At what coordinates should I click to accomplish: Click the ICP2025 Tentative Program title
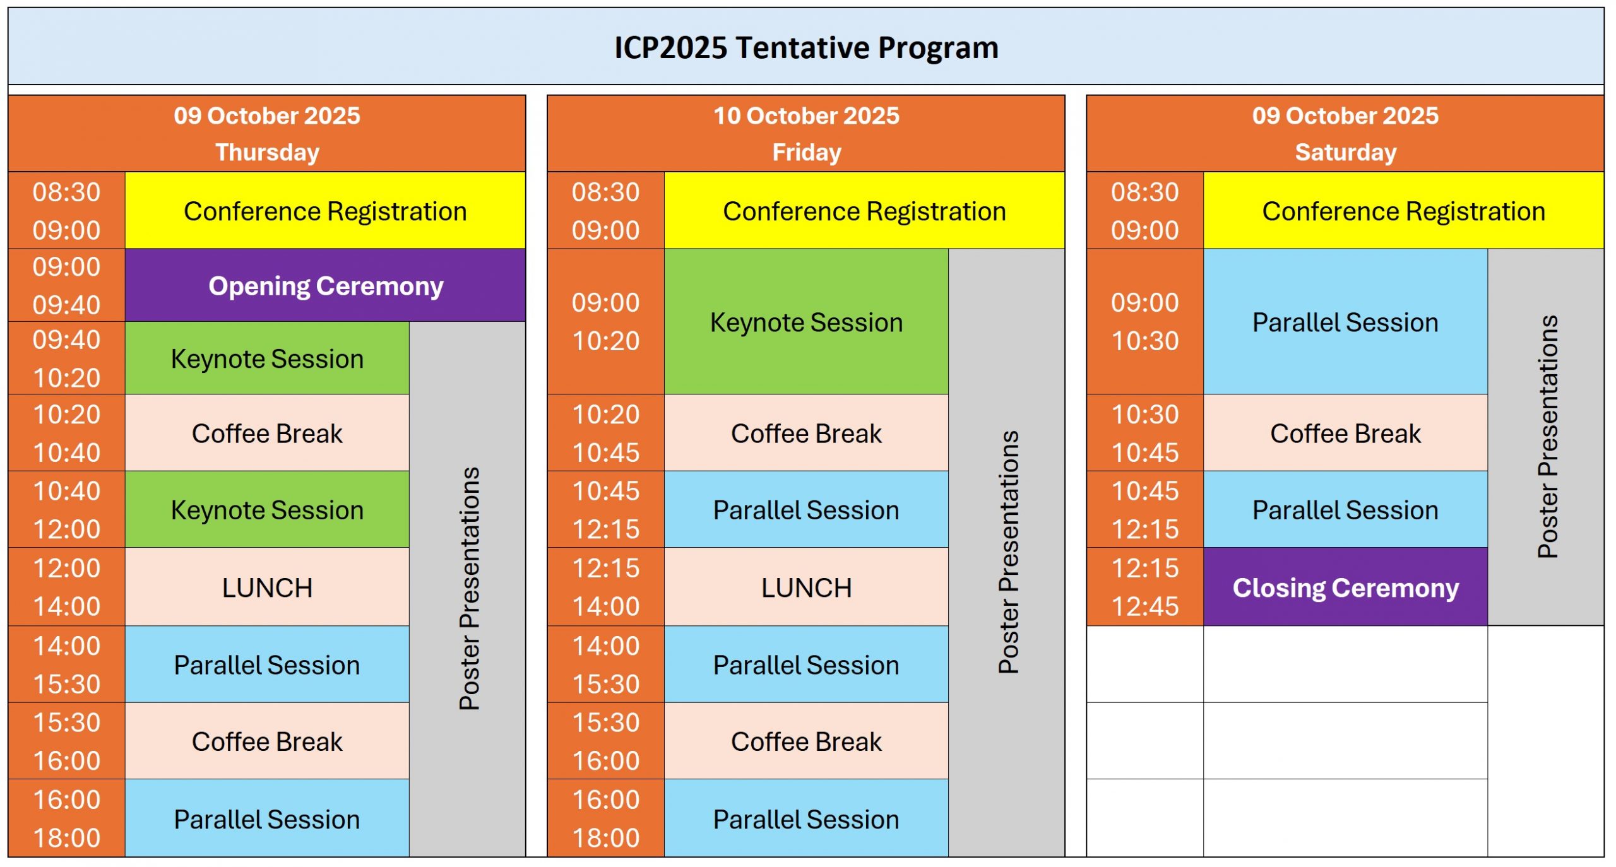(806, 48)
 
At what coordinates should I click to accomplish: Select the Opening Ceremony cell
(325, 285)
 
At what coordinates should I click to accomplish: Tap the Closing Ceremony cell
(1345, 587)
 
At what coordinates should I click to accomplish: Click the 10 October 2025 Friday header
(806, 134)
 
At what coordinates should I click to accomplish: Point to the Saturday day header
(1345, 134)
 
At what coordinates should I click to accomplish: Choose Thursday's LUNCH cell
(267, 587)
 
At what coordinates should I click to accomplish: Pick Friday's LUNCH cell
(806, 587)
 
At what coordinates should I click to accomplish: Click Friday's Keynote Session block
(806, 322)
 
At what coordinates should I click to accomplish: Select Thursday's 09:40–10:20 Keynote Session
(267, 358)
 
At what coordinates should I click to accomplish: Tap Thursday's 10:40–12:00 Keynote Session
(267, 509)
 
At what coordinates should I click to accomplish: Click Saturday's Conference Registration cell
(1403, 211)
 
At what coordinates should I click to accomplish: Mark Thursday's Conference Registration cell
(325, 211)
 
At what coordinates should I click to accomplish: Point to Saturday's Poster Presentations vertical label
(1547, 437)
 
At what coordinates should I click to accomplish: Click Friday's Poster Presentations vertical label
(1008, 552)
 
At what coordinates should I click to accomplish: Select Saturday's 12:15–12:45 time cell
(1145, 587)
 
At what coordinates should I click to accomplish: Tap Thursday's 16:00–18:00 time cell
(67, 818)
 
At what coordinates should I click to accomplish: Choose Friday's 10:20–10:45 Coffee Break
(806, 433)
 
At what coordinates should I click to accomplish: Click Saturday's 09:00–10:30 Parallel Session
(1345, 322)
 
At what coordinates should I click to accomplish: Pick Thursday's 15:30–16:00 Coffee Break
(267, 741)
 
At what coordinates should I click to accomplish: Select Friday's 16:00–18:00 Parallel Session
(806, 818)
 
